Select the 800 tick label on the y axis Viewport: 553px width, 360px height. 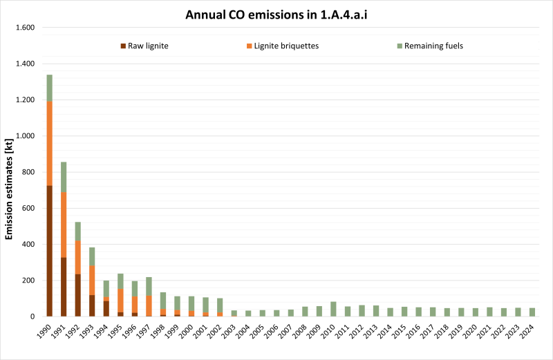[x=28, y=172]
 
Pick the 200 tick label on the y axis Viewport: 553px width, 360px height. [x=28, y=281]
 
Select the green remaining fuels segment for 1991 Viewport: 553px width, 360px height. [x=64, y=177]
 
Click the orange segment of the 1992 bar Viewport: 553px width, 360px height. [x=78, y=257]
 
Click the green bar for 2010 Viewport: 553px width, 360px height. [x=333, y=309]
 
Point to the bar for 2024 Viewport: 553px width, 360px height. [x=532, y=312]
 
